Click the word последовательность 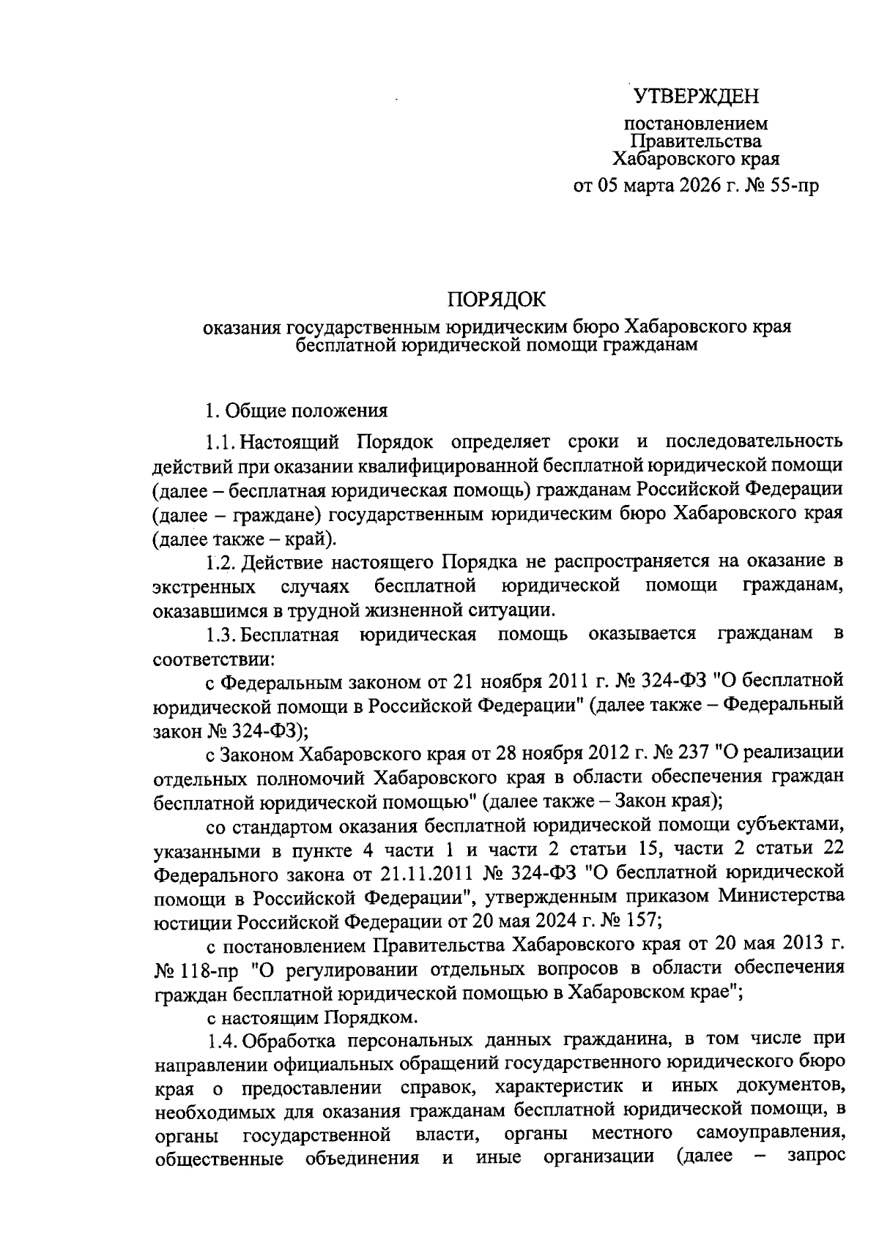pyautogui.click(x=754, y=441)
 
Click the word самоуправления pyautogui.click(x=768, y=1134)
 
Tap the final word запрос pyautogui.click(x=816, y=1157)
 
